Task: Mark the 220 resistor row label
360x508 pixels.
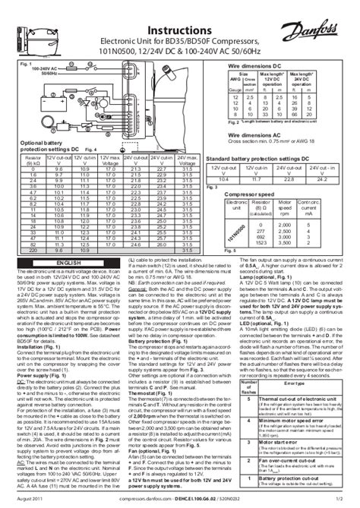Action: click(x=33, y=249)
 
